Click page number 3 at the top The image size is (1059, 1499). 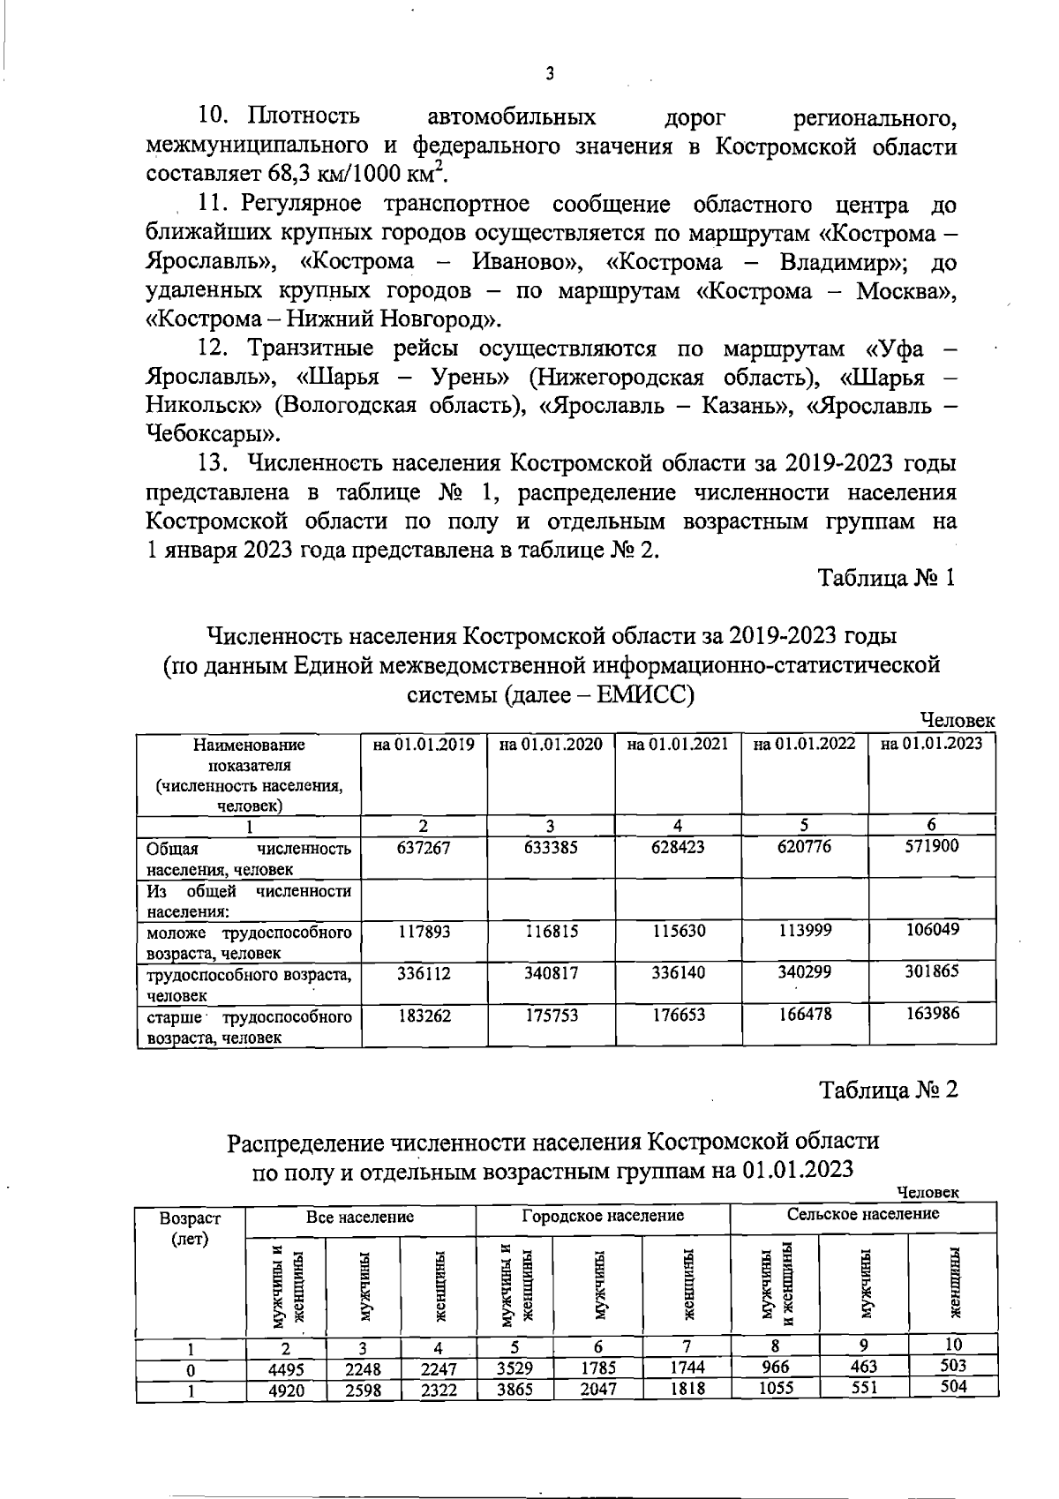[x=549, y=75]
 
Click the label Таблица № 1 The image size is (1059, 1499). [x=887, y=579]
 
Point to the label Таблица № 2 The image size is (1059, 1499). [x=888, y=1091]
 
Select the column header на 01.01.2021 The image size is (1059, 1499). [x=678, y=745]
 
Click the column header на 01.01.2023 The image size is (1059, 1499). [x=931, y=744]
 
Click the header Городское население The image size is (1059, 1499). [x=603, y=1216]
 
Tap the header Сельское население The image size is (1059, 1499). [x=863, y=1215]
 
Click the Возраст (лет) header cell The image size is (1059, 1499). [x=190, y=1228]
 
